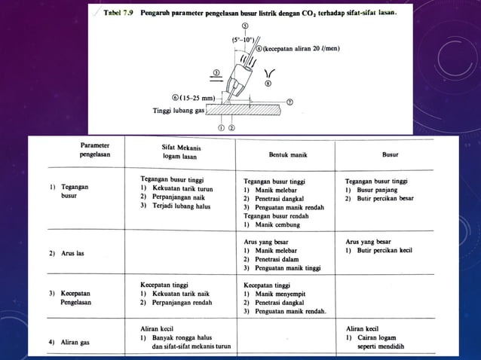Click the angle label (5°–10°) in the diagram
pos(243,38)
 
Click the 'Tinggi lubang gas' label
pos(179,110)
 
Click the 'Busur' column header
pos(390,154)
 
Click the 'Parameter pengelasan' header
pos(95,148)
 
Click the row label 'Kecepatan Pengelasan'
pos(74,297)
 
